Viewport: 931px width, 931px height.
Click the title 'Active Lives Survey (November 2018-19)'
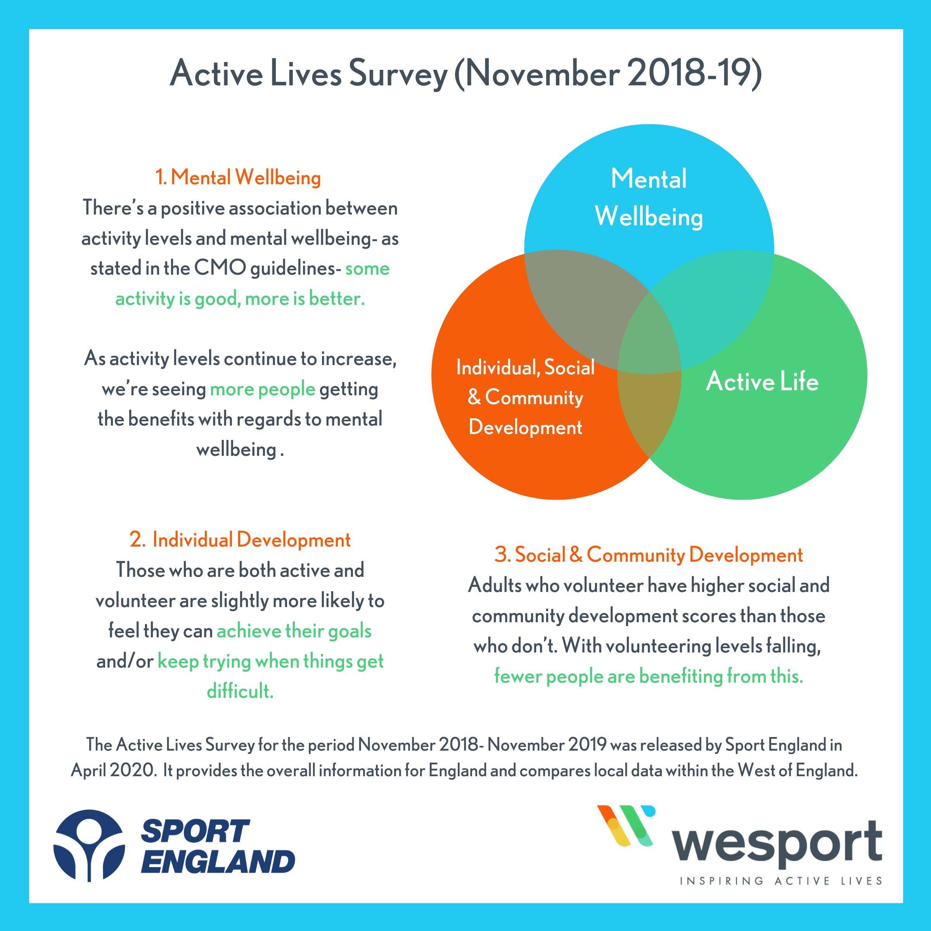[465, 74]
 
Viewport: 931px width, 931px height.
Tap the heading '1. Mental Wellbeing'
[238, 177]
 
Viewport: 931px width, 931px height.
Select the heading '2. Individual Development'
[240, 540]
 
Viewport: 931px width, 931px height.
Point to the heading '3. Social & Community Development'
[649, 555]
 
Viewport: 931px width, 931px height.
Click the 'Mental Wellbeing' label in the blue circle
[649, 197]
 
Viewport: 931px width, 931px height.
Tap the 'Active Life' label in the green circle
[762, 381]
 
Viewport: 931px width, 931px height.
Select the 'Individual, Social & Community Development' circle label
[525, 398]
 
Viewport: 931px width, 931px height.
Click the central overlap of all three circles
[649, 337]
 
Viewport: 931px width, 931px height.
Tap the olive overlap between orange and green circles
[649, 410]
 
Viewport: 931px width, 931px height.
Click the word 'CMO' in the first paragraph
[220, 268]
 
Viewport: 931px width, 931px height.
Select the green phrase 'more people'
[263, 389]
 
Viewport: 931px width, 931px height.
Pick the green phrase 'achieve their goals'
[294, 631]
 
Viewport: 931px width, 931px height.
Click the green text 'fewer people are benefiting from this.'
[649, 676]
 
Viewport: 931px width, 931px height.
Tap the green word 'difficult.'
[240, 691]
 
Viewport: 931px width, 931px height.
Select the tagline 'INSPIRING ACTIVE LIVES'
[780, 881]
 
